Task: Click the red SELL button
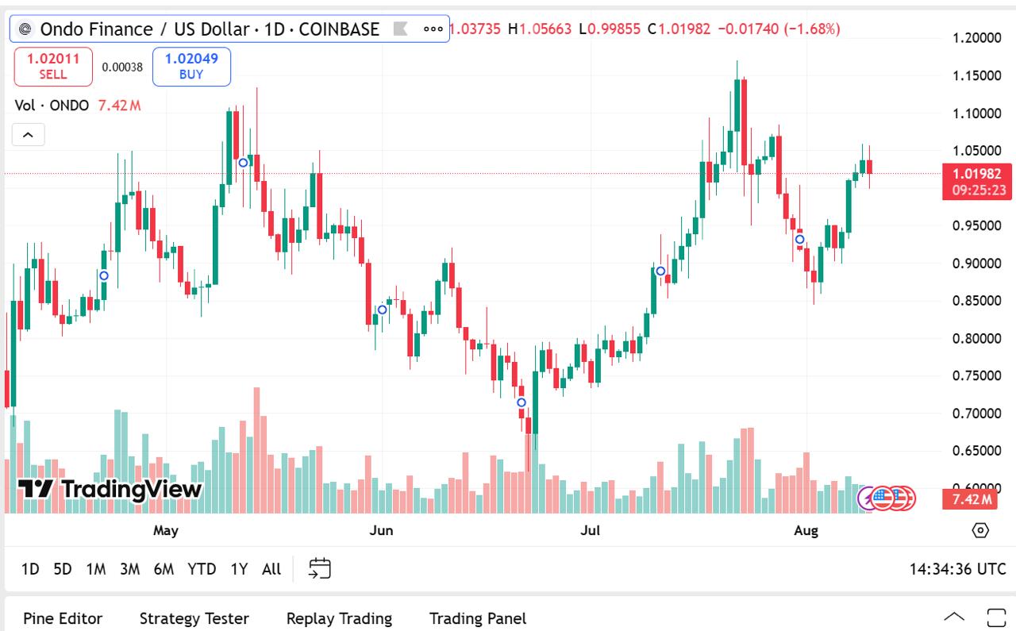[x=53, y=67]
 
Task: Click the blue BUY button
[x=191, y=67]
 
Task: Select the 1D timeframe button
[x=30, y=569]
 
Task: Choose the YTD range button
[x=202, y=569]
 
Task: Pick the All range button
[x=271, y=569]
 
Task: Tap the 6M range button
[x=164, y=569]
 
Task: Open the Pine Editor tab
[x=63, y=618]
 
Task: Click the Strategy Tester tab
[x=194, y=618]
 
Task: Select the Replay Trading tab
[x=339, y=618]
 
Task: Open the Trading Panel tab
[x=478, y=618]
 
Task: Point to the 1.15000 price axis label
[x=976, y=75]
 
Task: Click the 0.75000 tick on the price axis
[x=976, y=375]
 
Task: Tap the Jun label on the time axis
[x=381, y=530]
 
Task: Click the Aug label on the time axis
[x=806, y=530]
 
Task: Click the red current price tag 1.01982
[x=976, y=174]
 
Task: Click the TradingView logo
[x=110, y=489]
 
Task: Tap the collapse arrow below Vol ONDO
[x=28, y=135]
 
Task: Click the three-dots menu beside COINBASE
[x=433, y=29]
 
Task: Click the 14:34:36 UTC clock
[x=957, y=569]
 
